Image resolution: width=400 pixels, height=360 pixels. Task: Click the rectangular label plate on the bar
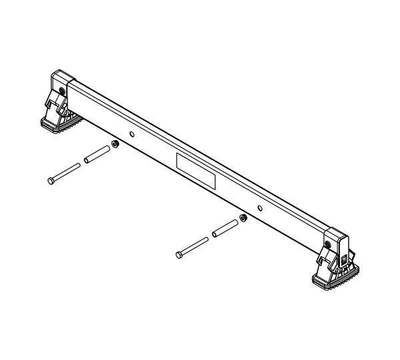(196, 170)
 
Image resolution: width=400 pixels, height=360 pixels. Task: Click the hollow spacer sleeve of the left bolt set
(96, 154)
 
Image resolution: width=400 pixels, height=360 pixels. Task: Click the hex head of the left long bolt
(51, 180)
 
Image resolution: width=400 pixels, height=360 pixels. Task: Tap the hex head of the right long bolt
(178, 254)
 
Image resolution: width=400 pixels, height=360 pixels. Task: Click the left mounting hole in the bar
(131, 134)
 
